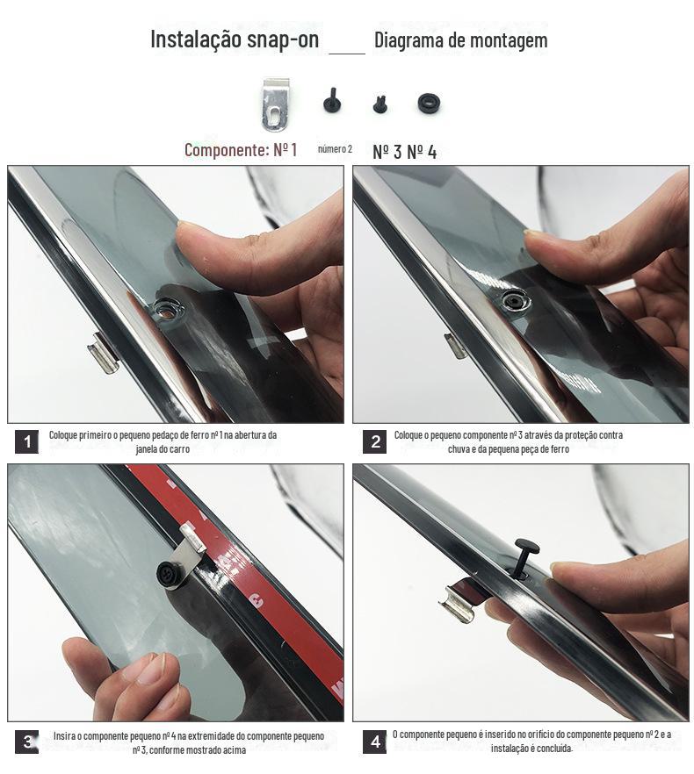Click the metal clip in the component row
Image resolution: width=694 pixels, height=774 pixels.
[x=275, y=104]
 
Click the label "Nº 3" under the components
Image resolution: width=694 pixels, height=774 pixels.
[x=387, y=152]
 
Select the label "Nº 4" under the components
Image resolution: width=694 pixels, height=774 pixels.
[x=422, y=152]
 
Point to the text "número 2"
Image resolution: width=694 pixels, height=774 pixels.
[x=335, y=149]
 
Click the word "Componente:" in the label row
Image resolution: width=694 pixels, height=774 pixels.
[x=226, y=149]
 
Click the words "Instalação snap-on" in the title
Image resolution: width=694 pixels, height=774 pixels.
[x=235, y=39]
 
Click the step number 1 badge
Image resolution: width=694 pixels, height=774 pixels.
[x=26, y=441]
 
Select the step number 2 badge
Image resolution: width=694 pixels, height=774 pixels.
[x=375, y=441]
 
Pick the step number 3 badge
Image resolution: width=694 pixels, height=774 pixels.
[x=26, y=742]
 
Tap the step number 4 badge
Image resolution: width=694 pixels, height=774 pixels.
[x=375, y=742]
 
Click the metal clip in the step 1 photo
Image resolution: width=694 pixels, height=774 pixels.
[x=104, y=354]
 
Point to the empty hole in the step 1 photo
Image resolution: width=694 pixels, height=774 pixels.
[x=166, y=310]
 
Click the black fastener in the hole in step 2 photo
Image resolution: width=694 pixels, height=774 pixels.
[x=514, y=299]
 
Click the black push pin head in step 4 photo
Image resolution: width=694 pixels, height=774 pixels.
[x=526, y=547]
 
